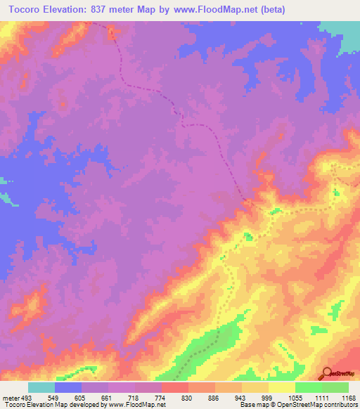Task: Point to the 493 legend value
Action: tap(24, 397)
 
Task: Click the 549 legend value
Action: tap(55, 397)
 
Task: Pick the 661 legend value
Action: tap(108, 397)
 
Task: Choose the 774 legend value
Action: tap(160, 397)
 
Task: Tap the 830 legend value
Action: tap(187, 397)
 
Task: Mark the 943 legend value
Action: tap(240, 397)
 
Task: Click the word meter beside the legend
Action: tap(9, 397)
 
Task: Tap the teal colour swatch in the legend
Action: tap(41, 387)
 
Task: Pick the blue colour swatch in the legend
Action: tap(68, 387)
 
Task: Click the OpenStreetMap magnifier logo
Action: tap(327, 373)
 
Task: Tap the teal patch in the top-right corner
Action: tap(344, 32)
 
